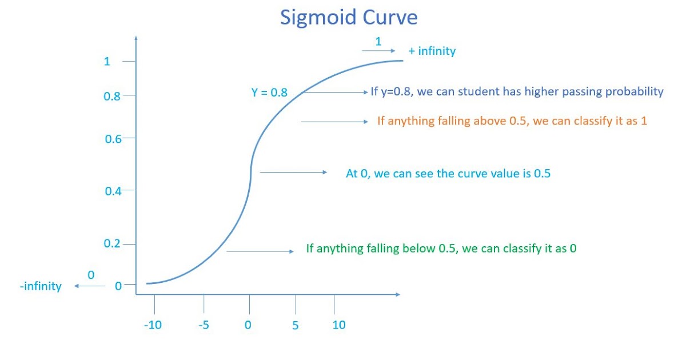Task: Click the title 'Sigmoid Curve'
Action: (348, 18)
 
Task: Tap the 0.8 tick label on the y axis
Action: (111, 97)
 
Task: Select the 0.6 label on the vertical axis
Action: (113, 138)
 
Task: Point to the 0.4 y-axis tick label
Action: (113, 191)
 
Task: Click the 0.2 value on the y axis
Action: (112, 244)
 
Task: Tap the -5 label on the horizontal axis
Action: (204, 325)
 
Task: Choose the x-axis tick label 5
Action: (296, 325)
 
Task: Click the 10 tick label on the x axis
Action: (339, 325)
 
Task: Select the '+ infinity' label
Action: (432, 51)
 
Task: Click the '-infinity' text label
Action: (41, 286)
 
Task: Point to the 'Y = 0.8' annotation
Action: (269, 92)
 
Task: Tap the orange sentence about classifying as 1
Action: (512, 121)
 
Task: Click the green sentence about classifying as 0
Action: (441, 249)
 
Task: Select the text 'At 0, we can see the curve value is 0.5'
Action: (448, 173)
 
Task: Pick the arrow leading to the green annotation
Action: (261, 251)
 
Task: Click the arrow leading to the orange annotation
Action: (334, 121)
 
